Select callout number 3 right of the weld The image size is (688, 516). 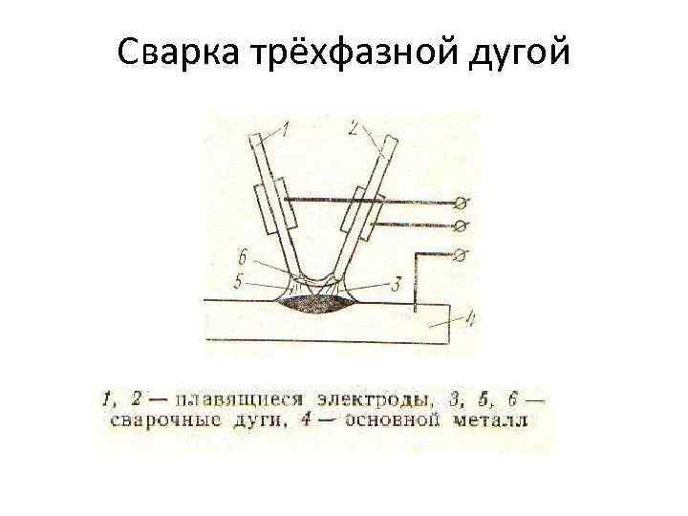(395, 282)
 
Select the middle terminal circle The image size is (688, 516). (463, 225)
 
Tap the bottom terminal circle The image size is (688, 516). (463, 253)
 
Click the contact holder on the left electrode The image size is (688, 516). (271, 208)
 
